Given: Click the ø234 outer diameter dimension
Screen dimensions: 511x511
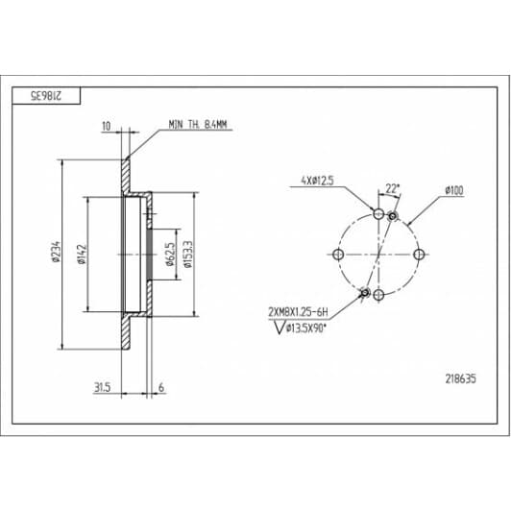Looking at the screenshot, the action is (x=56, y=252).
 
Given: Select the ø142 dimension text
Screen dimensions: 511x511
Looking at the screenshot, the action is (x=82, y=255).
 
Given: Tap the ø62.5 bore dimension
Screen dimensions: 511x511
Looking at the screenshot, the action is (x=170, y=255).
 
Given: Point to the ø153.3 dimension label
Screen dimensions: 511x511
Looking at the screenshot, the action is (x=188, y=255).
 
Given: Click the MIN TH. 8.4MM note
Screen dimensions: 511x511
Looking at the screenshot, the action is (x=198, y=125).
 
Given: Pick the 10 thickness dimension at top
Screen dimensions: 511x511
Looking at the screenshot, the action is (x=107, y=126).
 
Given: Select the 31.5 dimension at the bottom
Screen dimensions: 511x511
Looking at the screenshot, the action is (x=103, y=387).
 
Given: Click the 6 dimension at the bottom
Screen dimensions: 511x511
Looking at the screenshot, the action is (x=161, y=387).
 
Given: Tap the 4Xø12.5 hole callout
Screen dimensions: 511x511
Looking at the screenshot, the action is (x=317, y=181).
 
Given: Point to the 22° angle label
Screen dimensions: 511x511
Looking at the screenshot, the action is (x=393, y=188).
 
